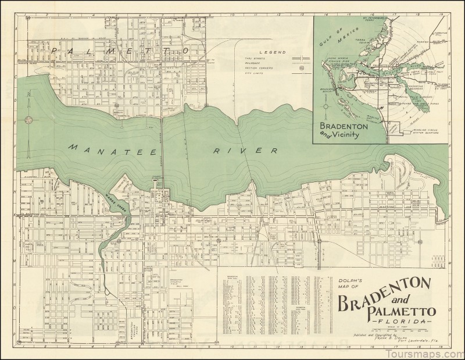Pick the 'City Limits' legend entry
pyautogui.click(x=255, y=74)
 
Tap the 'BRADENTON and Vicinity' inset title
pyautogui.click(x=348, y=129)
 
